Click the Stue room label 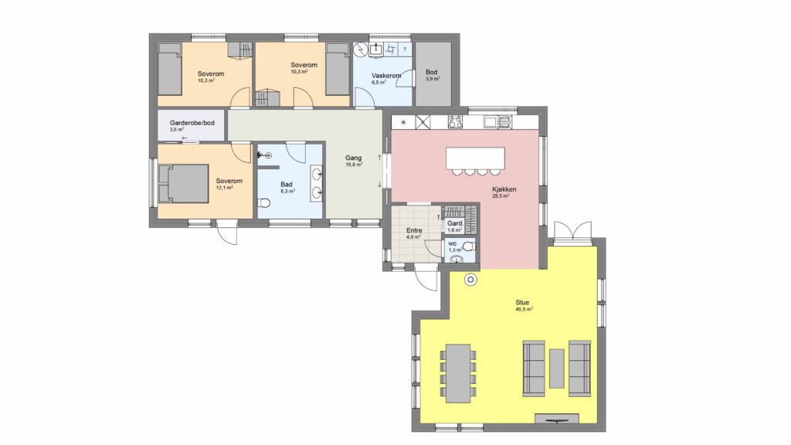coord(522,302)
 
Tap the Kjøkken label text coord(504,189)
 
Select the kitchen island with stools coord(475,161)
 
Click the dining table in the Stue coord(458,373)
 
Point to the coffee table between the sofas coord(556,369)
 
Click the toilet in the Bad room coord(263,203)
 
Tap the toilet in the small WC coord(468,246)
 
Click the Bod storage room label coord(431,72)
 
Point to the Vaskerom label coord(386,76)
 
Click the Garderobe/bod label coord(192,123)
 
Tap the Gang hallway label coord(353,158)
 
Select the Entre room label coord(414,230)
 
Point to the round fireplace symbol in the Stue coord(470,280)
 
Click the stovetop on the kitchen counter coord(456,122)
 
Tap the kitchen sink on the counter coord(497,122)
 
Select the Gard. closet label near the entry coord(456,223)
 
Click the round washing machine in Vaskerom coord(361,50)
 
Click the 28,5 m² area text coord(501,196)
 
